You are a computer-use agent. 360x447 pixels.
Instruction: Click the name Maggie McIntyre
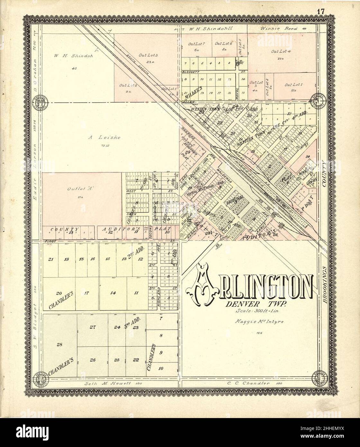256,321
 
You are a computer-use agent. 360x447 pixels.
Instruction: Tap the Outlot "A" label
76,189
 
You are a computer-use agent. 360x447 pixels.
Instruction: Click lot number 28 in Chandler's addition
59,345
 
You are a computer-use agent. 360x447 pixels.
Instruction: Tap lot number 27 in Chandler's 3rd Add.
93,327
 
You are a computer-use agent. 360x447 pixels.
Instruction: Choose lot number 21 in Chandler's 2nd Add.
50,259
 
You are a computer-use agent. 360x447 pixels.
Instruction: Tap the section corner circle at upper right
318,100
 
